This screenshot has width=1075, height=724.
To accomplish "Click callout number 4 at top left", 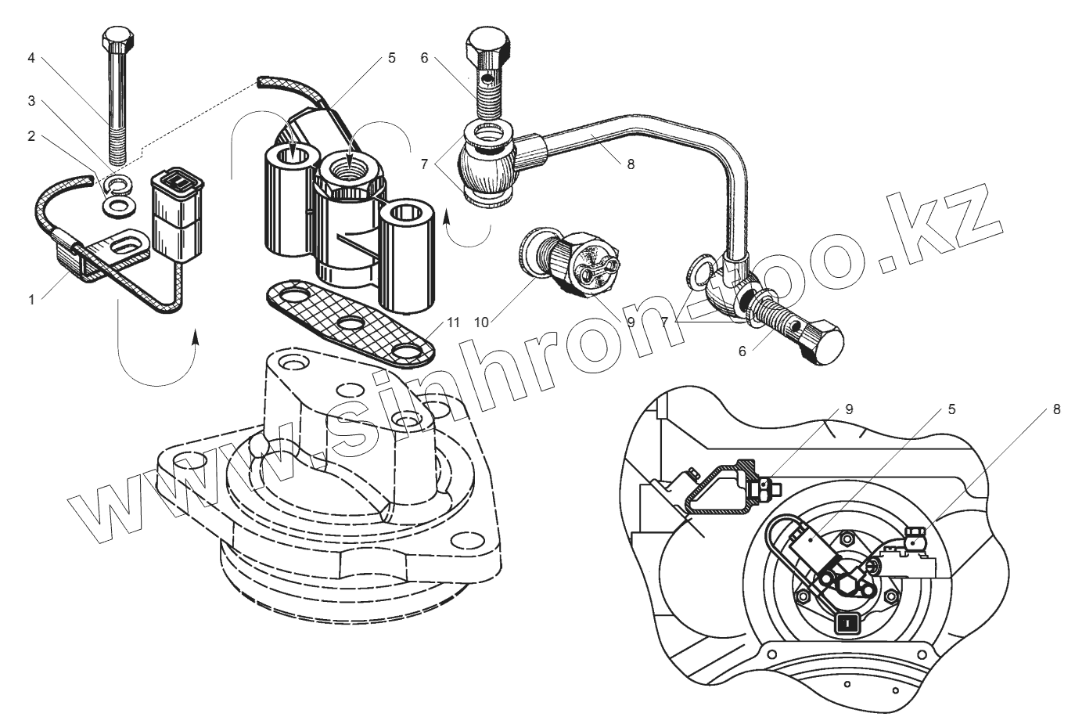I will click(x=31, y=57).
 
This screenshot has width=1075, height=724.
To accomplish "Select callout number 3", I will click(x=31, y=100).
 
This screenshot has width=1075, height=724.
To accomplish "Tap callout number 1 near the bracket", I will click(x=31, y=300).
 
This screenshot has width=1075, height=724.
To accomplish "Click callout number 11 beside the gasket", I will click(x=453, y=322).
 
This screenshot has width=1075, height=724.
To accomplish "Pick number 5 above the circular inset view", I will click(x=951, y=409).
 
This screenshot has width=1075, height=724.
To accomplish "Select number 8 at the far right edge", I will click(x=1056, y=409).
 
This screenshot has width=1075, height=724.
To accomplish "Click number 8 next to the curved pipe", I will click(x=631, y=164).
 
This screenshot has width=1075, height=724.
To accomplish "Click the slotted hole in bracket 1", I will click(x=125, y=247).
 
